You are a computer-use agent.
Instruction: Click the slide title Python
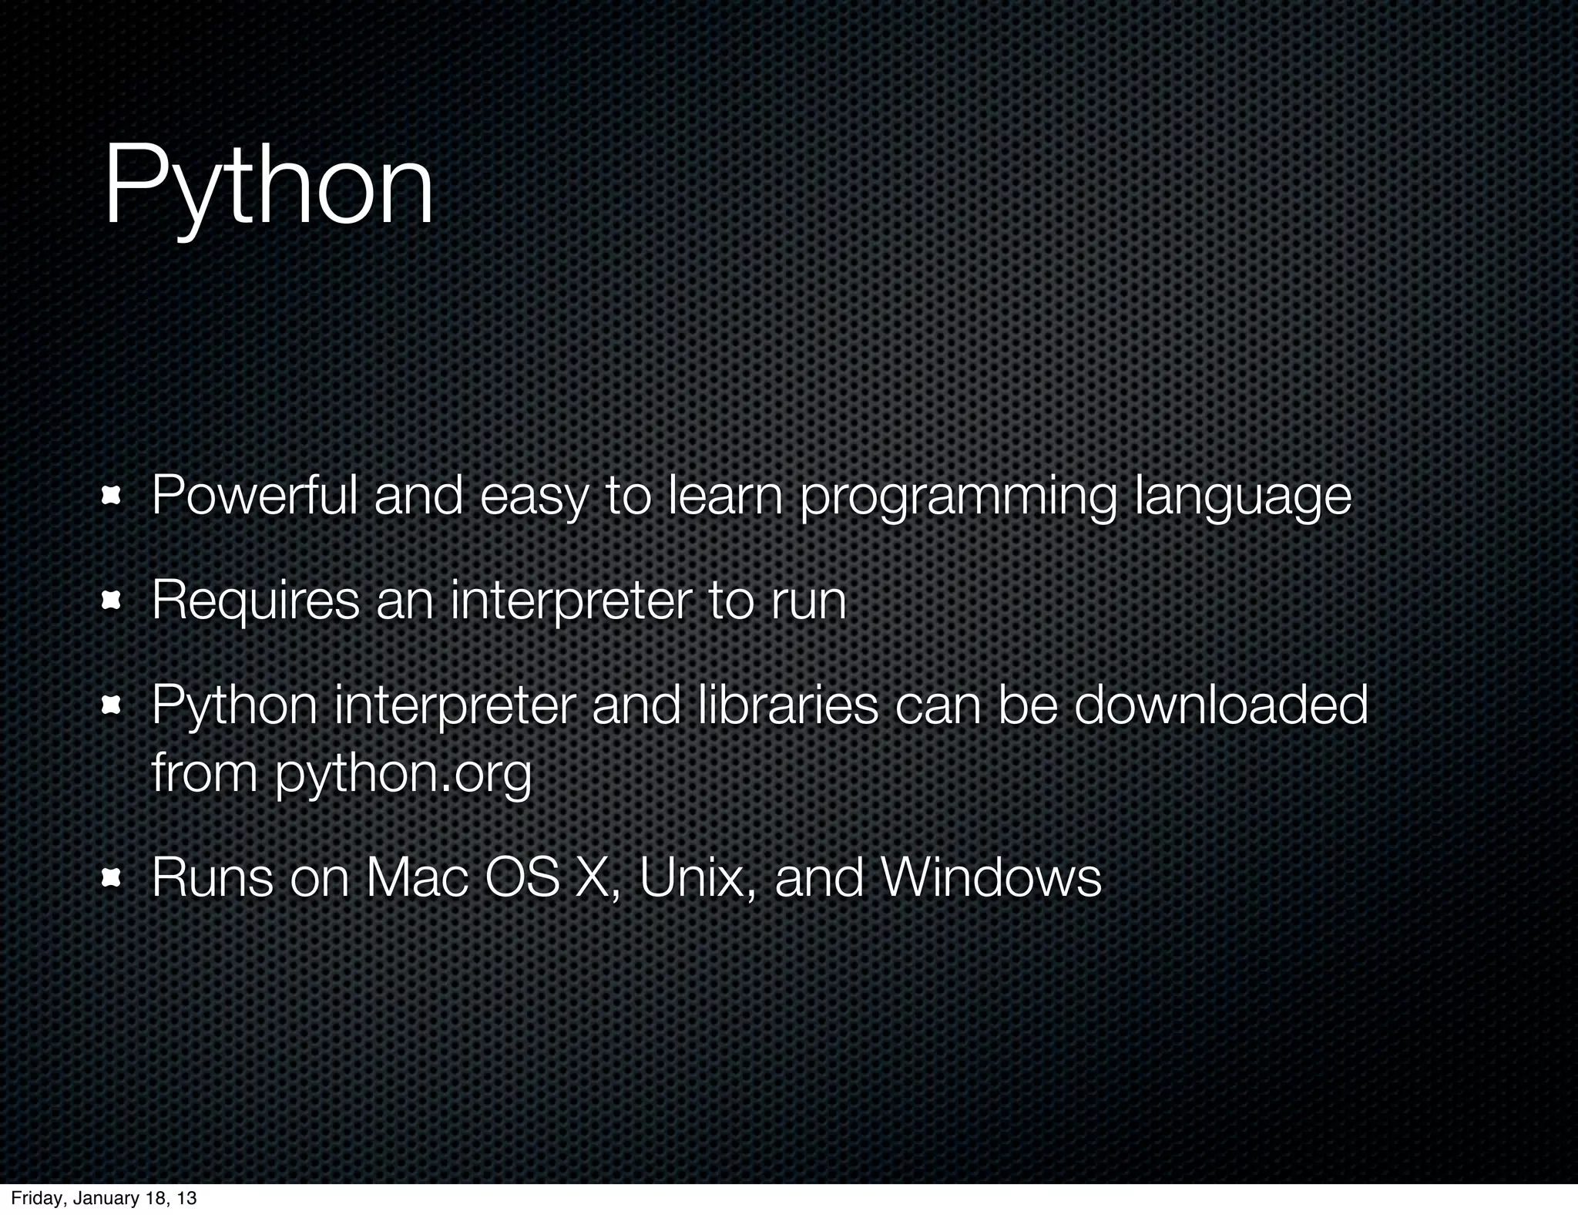(x=268, y=189)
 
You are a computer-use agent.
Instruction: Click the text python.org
(x=404, y=774)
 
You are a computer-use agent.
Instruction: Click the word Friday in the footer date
(x=35, y=1198)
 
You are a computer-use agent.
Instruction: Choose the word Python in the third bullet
(x=234, y=706)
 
